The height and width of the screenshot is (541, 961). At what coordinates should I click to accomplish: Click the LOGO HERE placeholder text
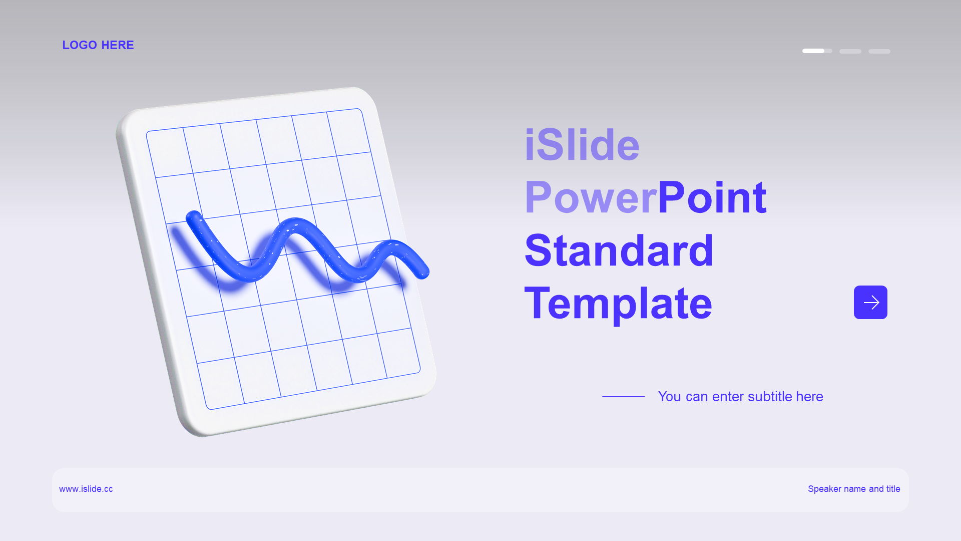[98, 45]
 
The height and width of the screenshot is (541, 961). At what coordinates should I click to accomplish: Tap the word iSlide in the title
[582, 145]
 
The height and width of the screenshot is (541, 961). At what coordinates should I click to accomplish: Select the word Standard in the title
[619, 250]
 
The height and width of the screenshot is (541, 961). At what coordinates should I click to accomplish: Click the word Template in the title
[618, 304]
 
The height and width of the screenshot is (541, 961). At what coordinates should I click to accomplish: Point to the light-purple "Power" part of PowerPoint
[591, 198]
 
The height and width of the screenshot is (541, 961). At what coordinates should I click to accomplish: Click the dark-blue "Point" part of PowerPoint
[712, 197]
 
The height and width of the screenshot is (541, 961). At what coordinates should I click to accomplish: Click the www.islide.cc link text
[86, 489]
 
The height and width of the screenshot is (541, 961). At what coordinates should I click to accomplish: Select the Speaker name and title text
[854, 489]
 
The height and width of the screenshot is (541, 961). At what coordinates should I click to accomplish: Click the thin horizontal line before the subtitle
[623, 396]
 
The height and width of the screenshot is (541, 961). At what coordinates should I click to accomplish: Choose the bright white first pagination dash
[813, 51]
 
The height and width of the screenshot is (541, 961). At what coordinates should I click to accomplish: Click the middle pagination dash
[850, 51]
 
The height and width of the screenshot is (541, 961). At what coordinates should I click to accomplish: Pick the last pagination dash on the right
[879, 51]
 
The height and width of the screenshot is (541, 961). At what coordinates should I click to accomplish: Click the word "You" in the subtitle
[670, 396]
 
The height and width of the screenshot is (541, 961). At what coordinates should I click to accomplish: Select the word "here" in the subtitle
[809, 396]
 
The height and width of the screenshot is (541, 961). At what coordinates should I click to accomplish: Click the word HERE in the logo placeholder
[118, 45]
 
